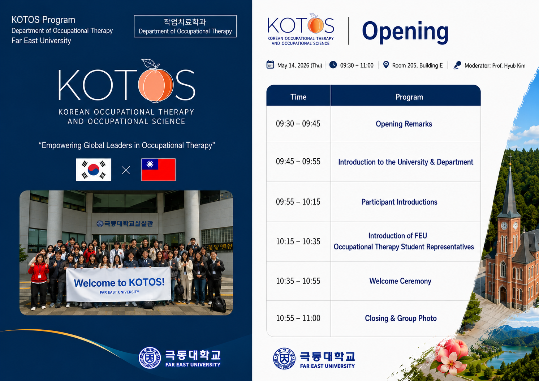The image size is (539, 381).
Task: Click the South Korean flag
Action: pos(94,170)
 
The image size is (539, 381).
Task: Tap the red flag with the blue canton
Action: pos(158,170)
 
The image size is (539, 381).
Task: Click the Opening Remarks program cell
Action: pos(404,124)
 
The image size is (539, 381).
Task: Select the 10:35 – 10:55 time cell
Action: pos(298,281)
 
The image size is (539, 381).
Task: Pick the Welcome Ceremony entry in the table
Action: pos(400,281)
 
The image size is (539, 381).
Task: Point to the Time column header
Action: pos(298,97)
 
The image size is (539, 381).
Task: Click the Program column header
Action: pos(409,97)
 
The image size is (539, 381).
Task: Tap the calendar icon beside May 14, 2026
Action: pos(270,65)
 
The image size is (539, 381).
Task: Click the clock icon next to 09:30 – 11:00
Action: pos(333,65)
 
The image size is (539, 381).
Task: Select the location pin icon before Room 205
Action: pos(386,65)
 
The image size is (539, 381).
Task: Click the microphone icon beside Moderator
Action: pos(457,65)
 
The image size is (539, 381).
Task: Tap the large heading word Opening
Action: pos(405,31)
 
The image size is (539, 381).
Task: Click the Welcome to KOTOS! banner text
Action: pos(119,282)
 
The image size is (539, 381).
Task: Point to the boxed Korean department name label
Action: pos(185,26)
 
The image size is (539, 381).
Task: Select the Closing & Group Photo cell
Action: pos(401,318)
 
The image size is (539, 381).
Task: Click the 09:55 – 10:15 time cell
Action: pos(298,202)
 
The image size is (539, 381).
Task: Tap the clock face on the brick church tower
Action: pos(504,226)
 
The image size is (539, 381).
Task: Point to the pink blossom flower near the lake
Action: pos(451,357)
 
